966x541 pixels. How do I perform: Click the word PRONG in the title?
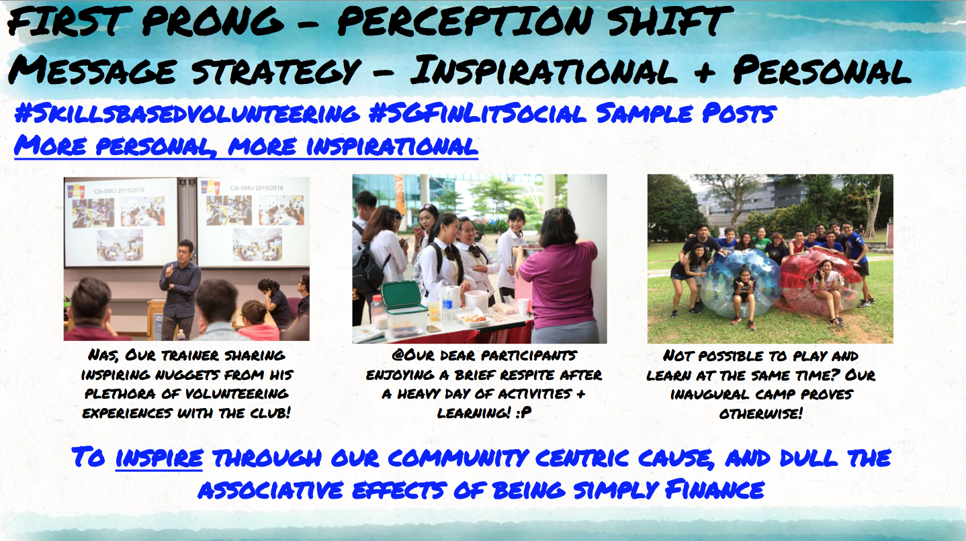point(213,21)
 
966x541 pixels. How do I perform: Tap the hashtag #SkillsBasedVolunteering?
point(187,113)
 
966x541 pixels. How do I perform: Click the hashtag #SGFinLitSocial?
point(478,113)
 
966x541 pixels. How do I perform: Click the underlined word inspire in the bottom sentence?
point(159,458)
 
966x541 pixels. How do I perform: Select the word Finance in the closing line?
point(715,490)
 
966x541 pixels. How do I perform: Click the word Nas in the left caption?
point(103,355)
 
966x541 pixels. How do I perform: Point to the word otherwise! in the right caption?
point(760,413)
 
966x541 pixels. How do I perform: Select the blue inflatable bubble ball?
point(739,285)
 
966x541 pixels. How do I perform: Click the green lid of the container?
point(402,295)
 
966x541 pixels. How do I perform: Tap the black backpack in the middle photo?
point(368,270)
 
